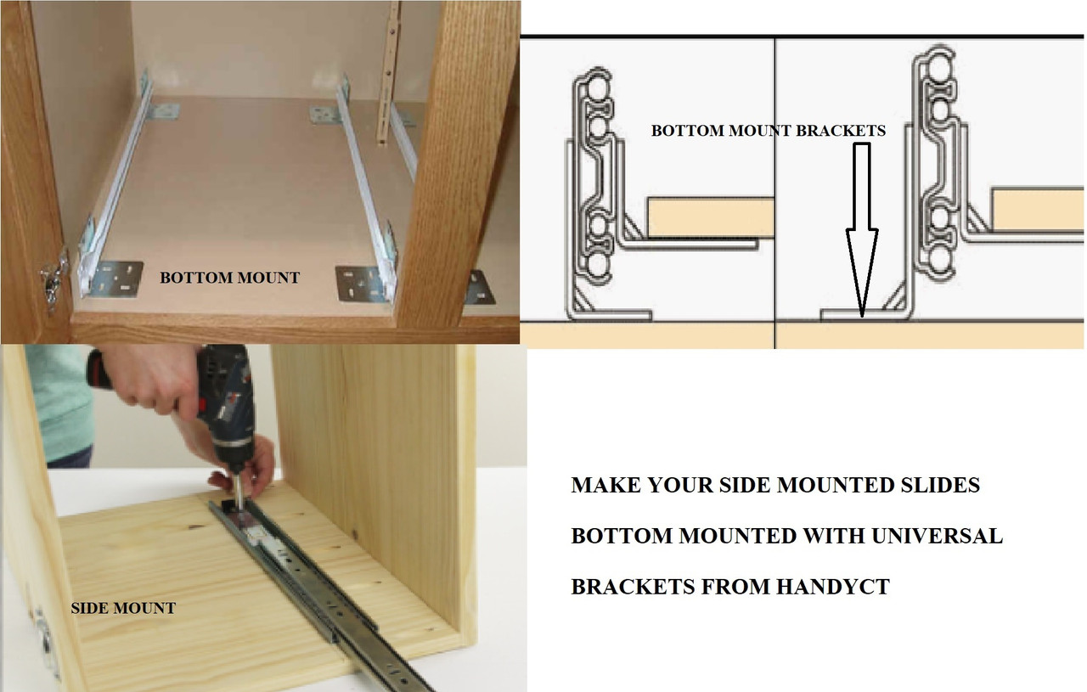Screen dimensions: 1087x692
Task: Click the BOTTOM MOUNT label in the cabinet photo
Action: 229,278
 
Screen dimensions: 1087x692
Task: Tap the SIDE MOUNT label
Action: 123,608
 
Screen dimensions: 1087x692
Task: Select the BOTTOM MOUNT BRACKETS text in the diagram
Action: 769,131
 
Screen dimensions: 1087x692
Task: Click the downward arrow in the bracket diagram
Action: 862,229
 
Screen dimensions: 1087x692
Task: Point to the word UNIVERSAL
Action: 937,536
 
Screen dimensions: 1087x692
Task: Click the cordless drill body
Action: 228,413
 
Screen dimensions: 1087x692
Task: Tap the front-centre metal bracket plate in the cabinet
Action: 362,283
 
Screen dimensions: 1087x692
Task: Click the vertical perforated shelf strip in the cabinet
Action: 389,73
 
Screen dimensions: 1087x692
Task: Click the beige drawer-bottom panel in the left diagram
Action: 711,217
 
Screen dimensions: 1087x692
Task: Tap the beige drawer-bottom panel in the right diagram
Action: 1038,209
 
